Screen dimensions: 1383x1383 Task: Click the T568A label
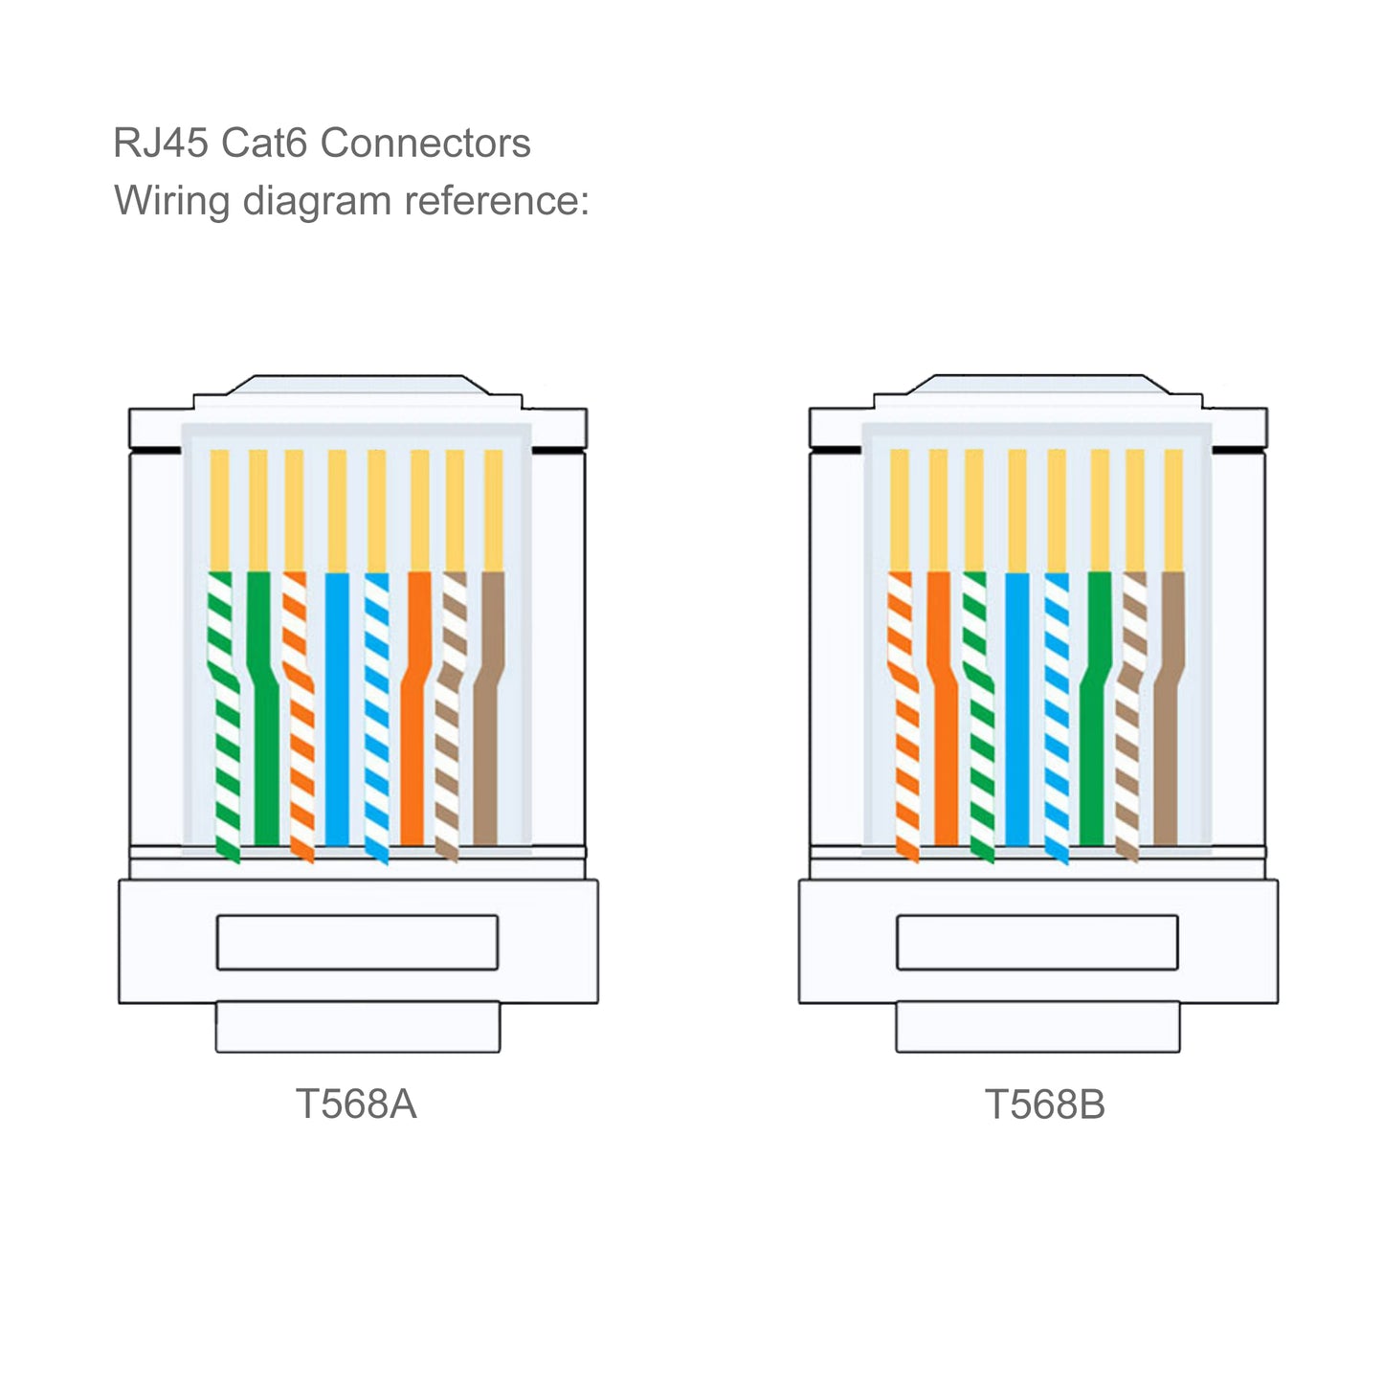point(355,1104)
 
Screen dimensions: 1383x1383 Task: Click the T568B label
point(1044,1104)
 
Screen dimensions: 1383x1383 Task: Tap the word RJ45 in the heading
point(160,144)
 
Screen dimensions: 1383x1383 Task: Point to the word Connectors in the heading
point(425,144)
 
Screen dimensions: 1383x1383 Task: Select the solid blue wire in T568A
point(337,708)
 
